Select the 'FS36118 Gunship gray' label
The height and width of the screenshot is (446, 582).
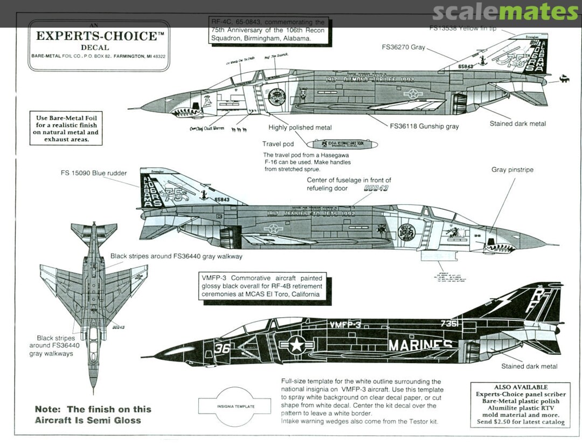click(424, 127)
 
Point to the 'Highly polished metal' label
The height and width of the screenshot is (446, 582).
click(300, 128)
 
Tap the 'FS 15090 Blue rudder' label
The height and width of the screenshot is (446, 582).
click(94, 174)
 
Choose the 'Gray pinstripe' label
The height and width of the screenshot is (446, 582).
click(512, 170)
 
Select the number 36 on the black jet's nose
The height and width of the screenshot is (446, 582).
click(222, 348)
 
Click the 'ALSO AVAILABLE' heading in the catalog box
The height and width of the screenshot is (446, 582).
click(520, 387)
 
